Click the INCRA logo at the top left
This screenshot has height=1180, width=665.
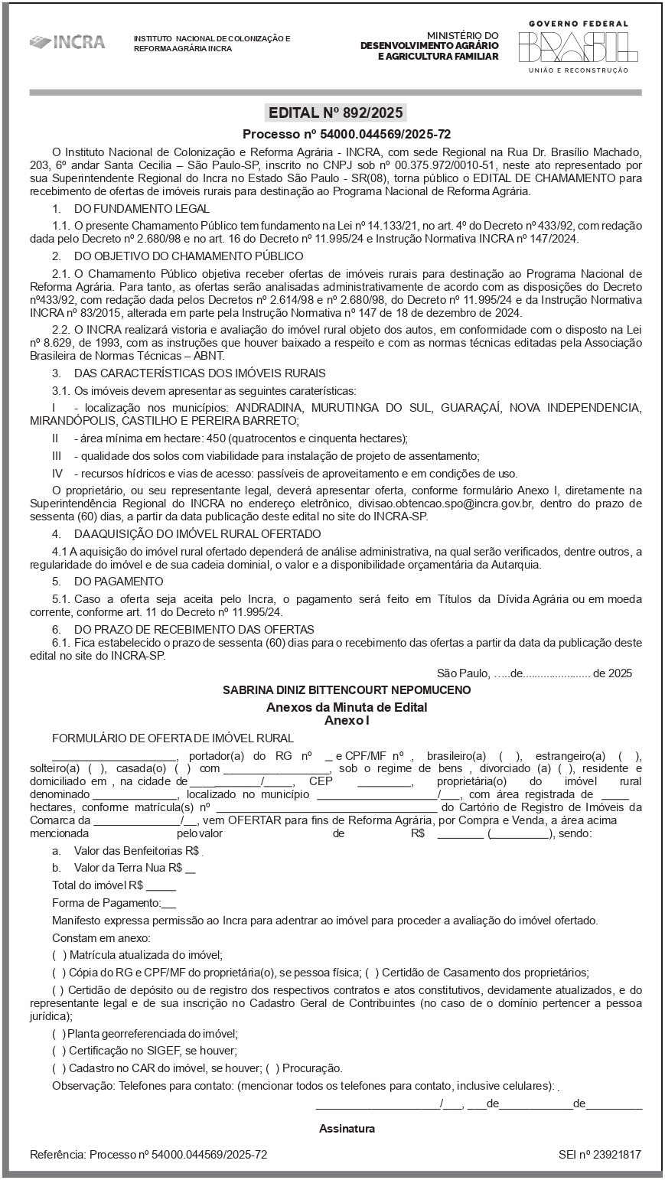tap(67, 42)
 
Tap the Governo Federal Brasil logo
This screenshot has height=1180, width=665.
tap(578, 47)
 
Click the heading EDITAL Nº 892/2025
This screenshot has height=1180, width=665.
tap(335, 113)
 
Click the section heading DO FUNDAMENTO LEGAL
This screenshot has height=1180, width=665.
tap(142, 208)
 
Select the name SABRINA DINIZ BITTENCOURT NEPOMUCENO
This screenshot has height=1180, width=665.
tap(347, 689)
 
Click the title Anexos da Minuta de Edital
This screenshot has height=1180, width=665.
tap(347, 707)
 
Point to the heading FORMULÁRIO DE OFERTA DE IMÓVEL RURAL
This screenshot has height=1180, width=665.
tap(173, 738)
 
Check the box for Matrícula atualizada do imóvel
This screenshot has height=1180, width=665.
tap(59, 955)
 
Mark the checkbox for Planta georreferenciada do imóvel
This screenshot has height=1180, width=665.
tap(59, 1033)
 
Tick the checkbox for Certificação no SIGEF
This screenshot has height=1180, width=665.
tap(59, 1051)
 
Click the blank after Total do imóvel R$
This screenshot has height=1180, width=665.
tap(161, 885)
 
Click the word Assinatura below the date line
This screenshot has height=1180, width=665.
tap(347, 1129)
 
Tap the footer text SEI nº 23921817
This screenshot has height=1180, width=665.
tap(599, 1154)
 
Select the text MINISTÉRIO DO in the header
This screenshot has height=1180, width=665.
tap(462, 35)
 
